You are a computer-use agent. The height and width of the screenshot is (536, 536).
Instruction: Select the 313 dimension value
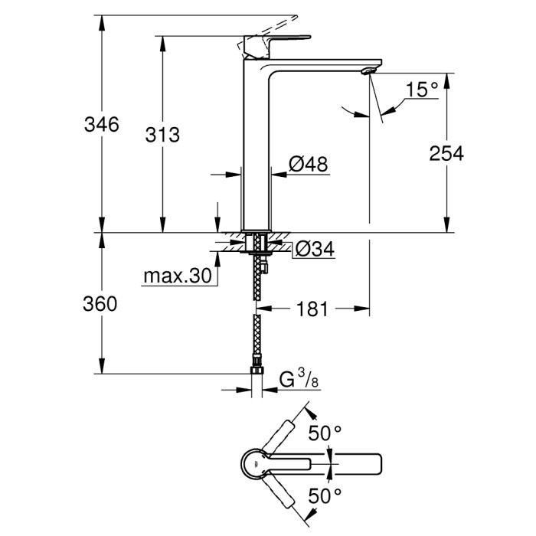coord(162,135)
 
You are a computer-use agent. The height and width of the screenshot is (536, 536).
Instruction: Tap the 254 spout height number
coord(446,153)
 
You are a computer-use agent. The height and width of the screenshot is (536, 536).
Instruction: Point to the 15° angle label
coord(422,90)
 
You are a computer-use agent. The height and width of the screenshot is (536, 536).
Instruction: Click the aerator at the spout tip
coord(367,71)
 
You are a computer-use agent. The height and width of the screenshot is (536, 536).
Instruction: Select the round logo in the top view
coord(251,461)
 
